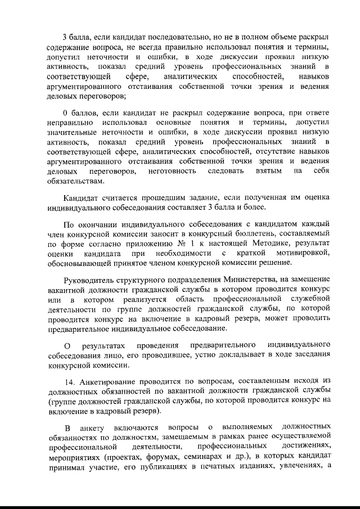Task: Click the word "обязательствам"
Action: (75, 182)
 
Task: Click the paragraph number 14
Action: (69, 380)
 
